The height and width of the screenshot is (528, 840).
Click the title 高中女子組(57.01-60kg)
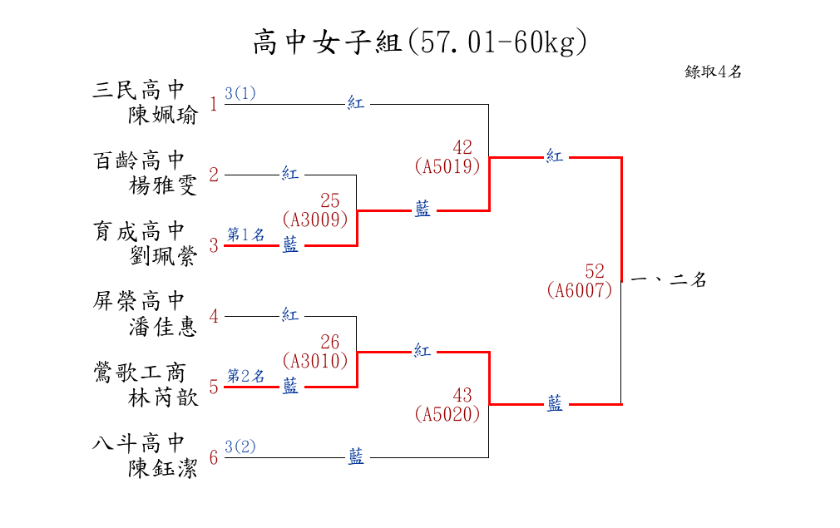(419, 42)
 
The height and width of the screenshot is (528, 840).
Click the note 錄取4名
(713, 72)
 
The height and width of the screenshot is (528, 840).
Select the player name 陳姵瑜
(163, 115)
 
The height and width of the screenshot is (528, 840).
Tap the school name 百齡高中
(138, 160)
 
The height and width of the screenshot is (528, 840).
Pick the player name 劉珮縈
(163, 256)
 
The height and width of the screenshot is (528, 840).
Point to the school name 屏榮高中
(138, 300)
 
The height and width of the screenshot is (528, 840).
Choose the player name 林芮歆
(163, 397)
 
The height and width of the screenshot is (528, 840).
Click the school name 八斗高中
(138, 442)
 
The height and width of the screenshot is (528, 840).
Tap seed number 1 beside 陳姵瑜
(214, 105)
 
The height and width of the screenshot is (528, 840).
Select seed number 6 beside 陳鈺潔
(214, 457)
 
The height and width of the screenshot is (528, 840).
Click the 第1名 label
(246, 235)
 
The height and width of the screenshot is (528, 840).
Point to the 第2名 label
(246, 376)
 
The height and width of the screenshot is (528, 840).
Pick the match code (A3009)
(314, 220)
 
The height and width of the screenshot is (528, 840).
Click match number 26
(330, 342)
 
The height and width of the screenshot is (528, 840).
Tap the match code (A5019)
(447, 166)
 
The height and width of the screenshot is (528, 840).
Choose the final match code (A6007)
(580, 290)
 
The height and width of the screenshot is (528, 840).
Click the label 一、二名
(669, 281)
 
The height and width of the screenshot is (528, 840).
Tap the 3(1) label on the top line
(240, 93)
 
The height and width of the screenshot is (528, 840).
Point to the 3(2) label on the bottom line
(240, 447)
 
